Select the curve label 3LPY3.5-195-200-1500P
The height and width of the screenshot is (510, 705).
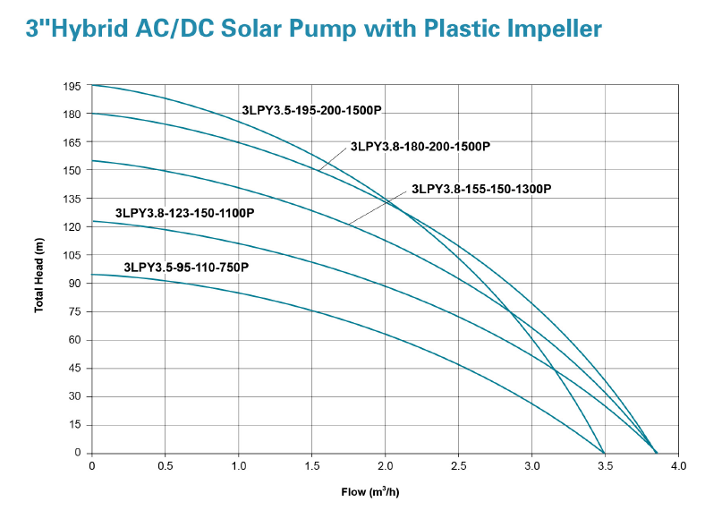tap(311, 110)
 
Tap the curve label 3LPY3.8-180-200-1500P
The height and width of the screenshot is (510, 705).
tap(420, 146)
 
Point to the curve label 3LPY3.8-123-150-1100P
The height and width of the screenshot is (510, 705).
tap(185, 213)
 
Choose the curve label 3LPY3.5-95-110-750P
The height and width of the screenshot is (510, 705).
tap(186, 267)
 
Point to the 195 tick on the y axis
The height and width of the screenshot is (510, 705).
tap(72, 86)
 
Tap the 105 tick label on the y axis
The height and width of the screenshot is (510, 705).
tap(72, 255)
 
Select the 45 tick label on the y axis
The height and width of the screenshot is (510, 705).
tap(75, 368)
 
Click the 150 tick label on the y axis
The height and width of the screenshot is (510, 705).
tap(72, 170)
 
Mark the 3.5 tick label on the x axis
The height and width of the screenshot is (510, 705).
tap(605, 466)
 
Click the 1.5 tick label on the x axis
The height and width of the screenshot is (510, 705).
tap(311, 466)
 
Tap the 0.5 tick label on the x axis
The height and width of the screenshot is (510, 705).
tap(165, 466)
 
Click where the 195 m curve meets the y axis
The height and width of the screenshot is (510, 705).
tap(92, 86)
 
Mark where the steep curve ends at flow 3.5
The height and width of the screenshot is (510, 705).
tap(605, 453)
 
